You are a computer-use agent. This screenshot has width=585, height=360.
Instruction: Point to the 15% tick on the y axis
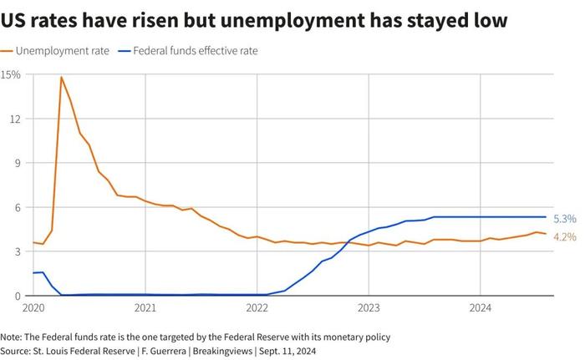(x=11, y=74)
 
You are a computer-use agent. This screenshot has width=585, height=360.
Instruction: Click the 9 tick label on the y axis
(x=16, y=163)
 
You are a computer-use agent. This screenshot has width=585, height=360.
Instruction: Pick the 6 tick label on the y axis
(x=16, y=207)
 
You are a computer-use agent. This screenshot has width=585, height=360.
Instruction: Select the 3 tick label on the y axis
(x=16, y=251)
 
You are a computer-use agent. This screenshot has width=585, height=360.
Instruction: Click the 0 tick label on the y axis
(x=16, y=296)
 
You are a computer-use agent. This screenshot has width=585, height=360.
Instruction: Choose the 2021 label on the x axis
(x=145, y=308)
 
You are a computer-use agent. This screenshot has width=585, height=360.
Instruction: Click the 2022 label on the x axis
(x=257, y=308)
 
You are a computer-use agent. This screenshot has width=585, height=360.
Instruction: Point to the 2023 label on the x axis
(x=369, y=308)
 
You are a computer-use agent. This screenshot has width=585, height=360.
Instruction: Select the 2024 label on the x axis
(x=481, y=308)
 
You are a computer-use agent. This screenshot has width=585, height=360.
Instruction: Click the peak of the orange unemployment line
(x=61, y=78)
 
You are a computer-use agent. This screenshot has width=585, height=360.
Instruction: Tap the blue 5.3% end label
(x=566, y=218)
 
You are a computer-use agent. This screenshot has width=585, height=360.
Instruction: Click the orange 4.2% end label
(x=566, y=237)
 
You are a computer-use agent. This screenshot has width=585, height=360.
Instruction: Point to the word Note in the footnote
(x=13, y=337)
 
